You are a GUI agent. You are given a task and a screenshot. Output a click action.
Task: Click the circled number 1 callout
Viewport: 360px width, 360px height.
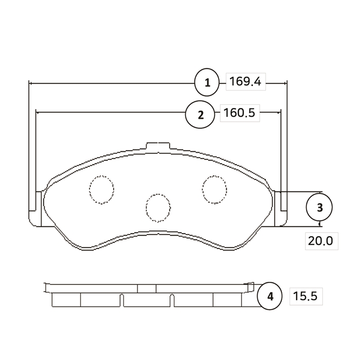207,82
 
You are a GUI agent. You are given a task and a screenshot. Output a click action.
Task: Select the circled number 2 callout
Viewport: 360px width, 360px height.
200,114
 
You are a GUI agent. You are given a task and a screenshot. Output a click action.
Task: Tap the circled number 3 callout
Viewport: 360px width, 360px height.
319,207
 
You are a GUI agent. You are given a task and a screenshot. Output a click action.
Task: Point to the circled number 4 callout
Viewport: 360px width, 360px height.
270,296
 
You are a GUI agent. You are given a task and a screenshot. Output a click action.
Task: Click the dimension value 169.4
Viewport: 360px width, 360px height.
245,81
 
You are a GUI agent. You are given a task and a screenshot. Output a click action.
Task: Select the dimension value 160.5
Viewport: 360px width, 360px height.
239,113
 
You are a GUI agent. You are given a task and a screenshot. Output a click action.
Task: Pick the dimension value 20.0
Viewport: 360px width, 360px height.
320,241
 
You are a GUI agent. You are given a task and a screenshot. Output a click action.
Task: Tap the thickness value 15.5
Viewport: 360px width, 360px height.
305,296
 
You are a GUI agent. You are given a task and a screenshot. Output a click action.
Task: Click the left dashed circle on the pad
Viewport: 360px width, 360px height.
101,190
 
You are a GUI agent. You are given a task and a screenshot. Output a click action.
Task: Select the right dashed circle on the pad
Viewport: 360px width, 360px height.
214,190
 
